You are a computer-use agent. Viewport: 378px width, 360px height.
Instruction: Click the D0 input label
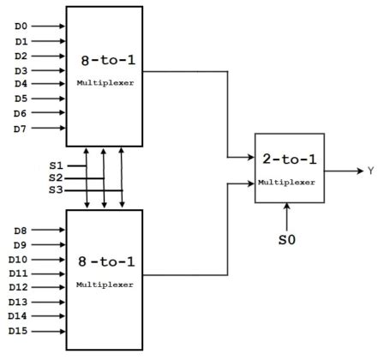coord(21,26)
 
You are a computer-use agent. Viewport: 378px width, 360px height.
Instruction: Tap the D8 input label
coord(21,231)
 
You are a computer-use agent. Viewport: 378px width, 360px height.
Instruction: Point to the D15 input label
coord(20,331)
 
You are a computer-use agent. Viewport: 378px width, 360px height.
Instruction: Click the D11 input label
coord(20,273)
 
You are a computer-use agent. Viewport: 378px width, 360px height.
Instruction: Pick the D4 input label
coord(21,84)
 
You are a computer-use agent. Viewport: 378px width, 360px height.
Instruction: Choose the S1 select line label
coord(57,164)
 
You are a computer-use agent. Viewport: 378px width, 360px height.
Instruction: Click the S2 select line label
coord(57,177)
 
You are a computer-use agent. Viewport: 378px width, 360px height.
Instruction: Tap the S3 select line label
coord(57,190)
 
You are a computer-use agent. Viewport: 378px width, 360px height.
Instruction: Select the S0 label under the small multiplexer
coord(287,241)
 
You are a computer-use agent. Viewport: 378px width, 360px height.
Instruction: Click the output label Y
coord(370,171)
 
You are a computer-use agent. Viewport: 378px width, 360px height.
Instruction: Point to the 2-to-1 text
coord(289,159)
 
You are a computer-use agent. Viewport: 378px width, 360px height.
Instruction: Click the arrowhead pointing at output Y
coord(359,171)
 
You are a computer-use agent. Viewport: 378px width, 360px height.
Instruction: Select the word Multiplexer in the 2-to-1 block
coord(289,183)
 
